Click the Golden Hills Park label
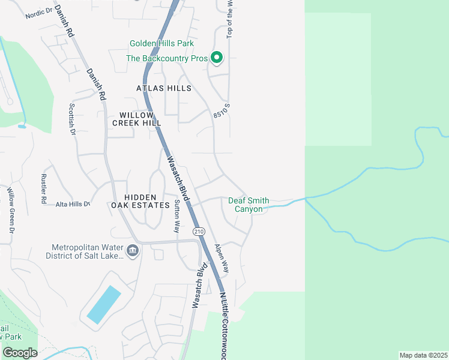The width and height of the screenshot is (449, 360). click(161, 44)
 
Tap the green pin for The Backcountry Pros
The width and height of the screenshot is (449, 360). click(217, 58)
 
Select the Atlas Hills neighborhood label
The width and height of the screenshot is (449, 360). click(163, 88)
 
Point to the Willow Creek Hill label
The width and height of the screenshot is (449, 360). click(137, 119)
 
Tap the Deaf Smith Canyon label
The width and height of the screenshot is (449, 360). click(249, 205)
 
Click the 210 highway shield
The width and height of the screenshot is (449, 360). click(197, 231)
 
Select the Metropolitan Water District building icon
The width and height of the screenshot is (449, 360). click(133, 250)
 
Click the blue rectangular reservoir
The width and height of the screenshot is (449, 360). click(104, 305)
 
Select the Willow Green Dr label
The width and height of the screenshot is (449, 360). click(10, 209)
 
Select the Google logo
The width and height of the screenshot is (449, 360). click(20, 353)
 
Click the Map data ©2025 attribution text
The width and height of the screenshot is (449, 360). click(423, 355)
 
